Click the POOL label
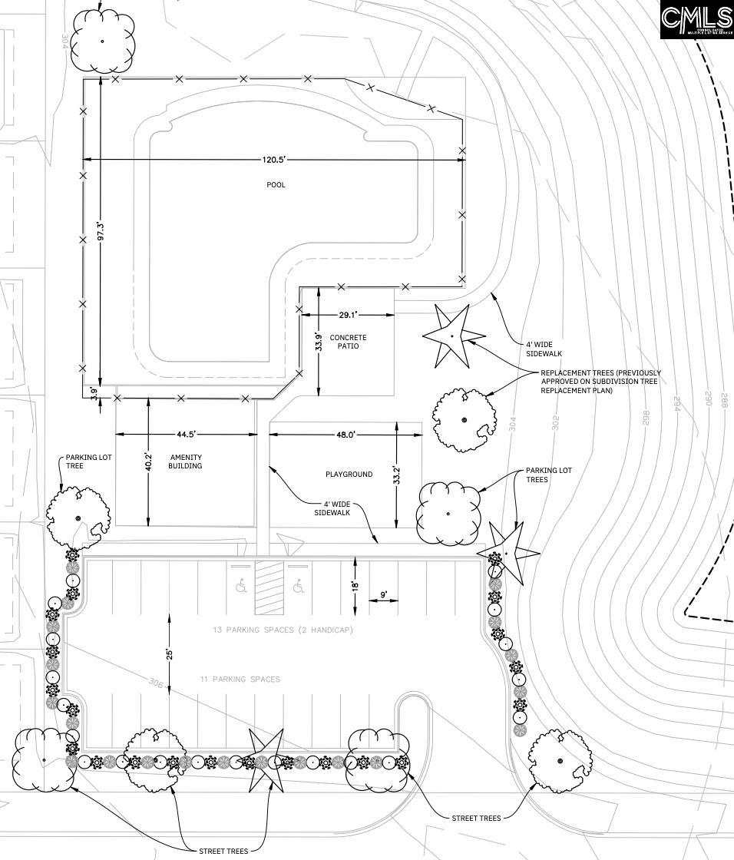pyautogui.click(x=276, y=184)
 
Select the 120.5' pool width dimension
pyautogui.click(x=273, y=160)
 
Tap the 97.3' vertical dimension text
pyautogui.click(x=100, y=232)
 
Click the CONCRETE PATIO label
pyautogui.click(x=348, y=342)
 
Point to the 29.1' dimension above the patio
pyautogui.click(x=348, y=314)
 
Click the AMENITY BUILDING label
pyautogui.click(x=185, y=461)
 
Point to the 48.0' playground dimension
pyautogui.click(x=346, y=435)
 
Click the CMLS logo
pyautogui.click(x=696, y=19)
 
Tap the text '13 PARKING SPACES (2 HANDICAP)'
pyautogui.click(x=283, y=630)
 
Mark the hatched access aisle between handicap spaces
pyautogui.click(x=269, y=588)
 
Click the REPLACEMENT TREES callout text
pyautogui.click(x=600, y=382)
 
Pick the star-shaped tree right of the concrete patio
pyautogui.click(x=452, y=336)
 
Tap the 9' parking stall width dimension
pyautogui.click(x=383, y=594)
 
